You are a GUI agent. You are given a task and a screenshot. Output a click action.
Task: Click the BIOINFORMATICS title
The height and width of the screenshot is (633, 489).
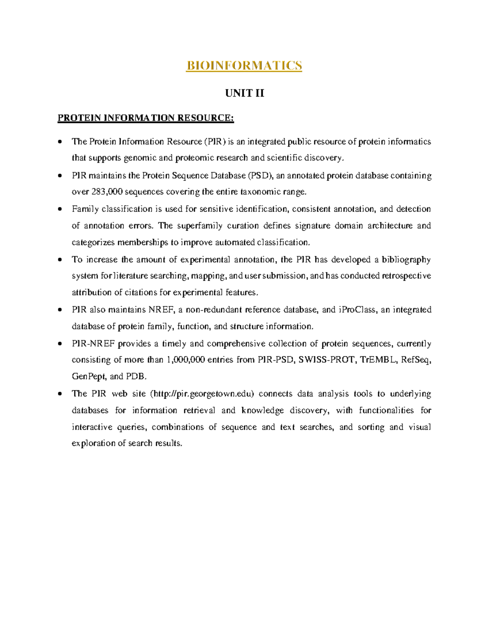[x=244, y=65]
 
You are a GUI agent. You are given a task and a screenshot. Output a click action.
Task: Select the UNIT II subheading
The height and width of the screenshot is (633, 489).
[x=244, y=94]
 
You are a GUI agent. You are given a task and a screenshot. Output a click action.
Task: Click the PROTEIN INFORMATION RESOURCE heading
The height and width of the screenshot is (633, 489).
[x=146, y=118]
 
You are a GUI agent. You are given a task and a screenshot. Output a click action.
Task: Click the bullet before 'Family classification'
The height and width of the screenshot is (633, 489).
[x=60, y=210]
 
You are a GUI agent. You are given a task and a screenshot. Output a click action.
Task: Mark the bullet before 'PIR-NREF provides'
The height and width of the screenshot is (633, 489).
[x=60, y=344]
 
